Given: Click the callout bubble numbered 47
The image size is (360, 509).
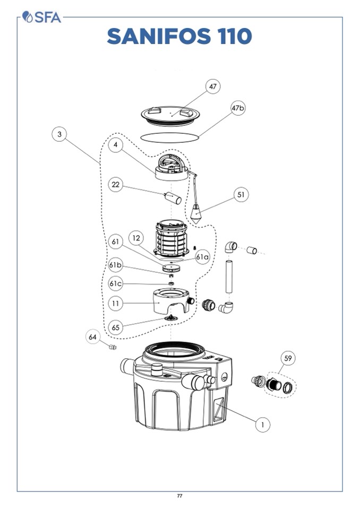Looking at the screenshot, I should tap(213, 87).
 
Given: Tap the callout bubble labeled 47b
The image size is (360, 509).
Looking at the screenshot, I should tap(238, 108).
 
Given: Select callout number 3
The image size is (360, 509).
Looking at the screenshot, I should tap(59, 135).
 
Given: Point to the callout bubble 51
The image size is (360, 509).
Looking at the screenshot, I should tap(241, 195).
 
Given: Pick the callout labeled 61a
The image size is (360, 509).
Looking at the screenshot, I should tap(202, 257).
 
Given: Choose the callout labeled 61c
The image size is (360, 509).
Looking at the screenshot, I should tap(116, 283).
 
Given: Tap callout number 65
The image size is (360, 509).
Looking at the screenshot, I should tap(116, 326).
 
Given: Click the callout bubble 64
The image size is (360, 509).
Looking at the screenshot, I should tap(93, 337).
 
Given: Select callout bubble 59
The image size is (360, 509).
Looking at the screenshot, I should tap(288, 359).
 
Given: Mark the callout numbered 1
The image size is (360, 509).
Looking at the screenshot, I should tap(262, 424).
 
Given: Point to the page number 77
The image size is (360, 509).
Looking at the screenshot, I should tap(179, 496).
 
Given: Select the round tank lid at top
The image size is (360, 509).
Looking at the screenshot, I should tap(172, 114).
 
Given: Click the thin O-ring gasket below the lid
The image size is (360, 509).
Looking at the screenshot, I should tap(171, 136).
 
